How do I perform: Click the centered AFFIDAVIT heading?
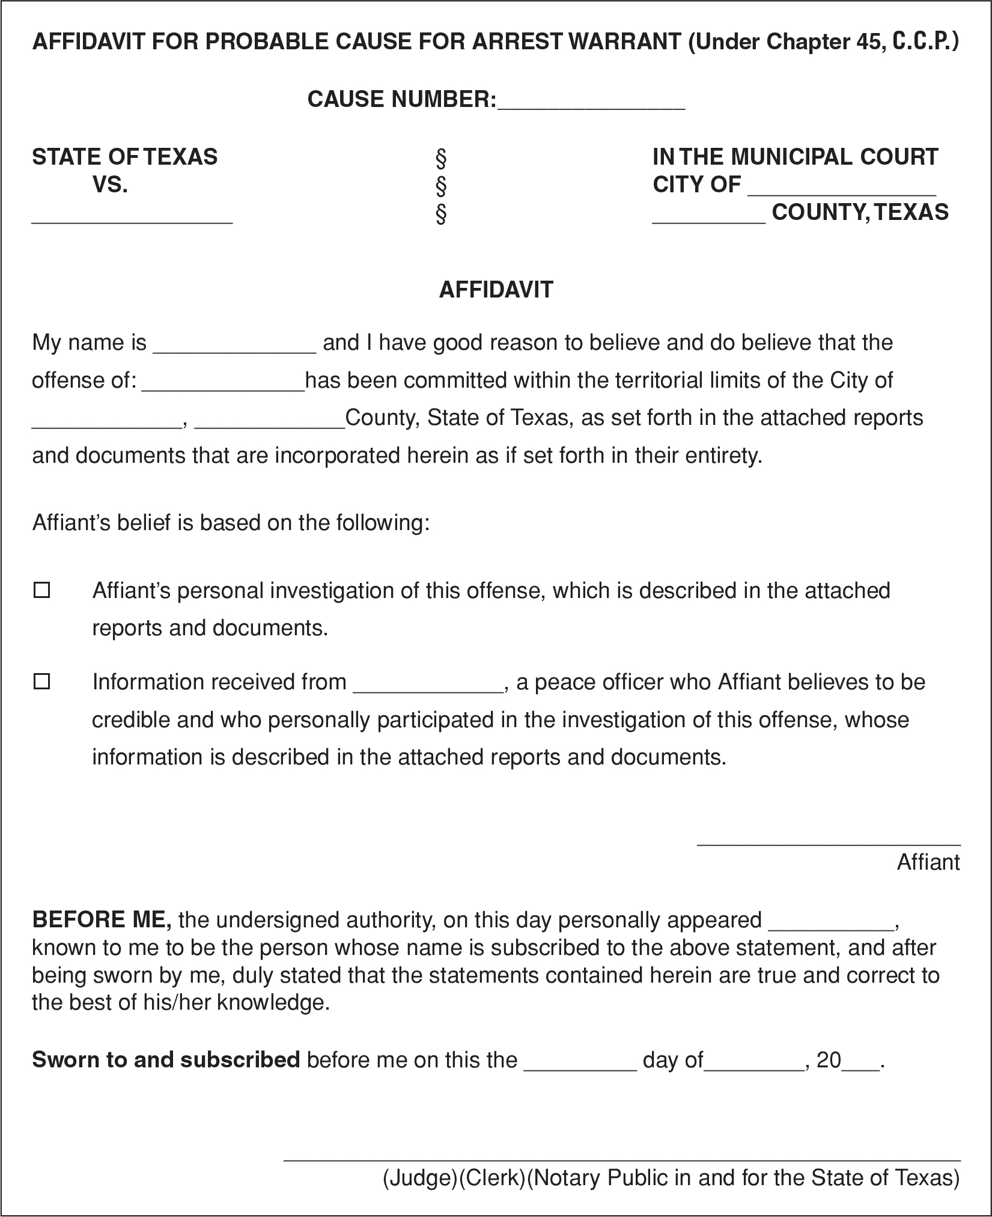click(496, 290)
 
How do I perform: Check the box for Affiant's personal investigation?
click(41, 590)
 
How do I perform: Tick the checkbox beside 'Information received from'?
click(41, 682)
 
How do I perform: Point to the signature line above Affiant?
click(828, 844)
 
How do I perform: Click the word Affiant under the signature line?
click(928, 862)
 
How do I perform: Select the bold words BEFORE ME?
click(102, 920)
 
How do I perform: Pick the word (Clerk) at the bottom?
click(493, 1177)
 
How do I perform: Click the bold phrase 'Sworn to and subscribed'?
click(165, 1059)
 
